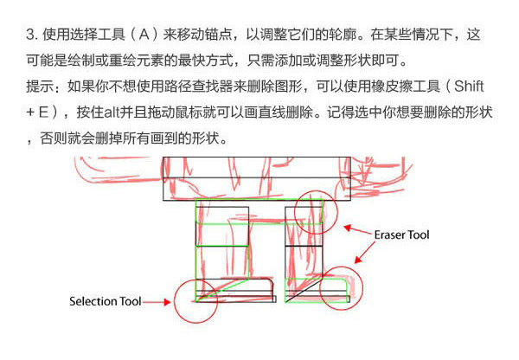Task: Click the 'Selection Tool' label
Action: pyautogui.click(x=106, y=302)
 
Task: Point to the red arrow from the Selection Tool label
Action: pyautogui.click(x=157, y=302)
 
